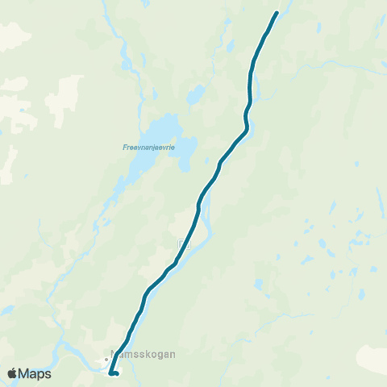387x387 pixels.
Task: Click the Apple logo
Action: [13, 373]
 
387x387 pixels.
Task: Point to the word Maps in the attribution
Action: [36, 373]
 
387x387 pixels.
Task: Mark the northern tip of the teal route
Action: [277, 13]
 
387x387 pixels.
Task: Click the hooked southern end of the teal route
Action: [117, 373]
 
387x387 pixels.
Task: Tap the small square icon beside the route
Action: [183, 243]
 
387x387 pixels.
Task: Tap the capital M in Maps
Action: [26, 373]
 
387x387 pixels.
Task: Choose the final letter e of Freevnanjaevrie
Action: [177, 148]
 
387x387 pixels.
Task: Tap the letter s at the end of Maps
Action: [48, 374]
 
